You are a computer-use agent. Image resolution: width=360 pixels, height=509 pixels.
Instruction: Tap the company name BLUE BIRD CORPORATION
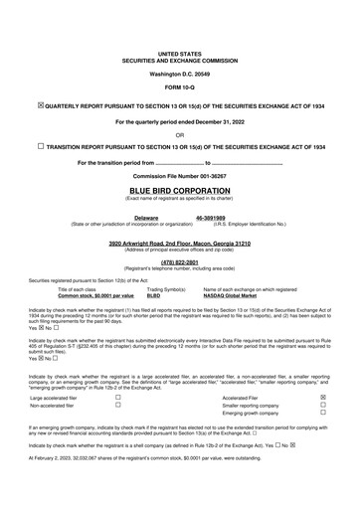pyautogui.click(x=179, y=187)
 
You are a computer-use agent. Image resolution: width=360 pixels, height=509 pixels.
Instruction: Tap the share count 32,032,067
pyautogui.click(x=93, y=481)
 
